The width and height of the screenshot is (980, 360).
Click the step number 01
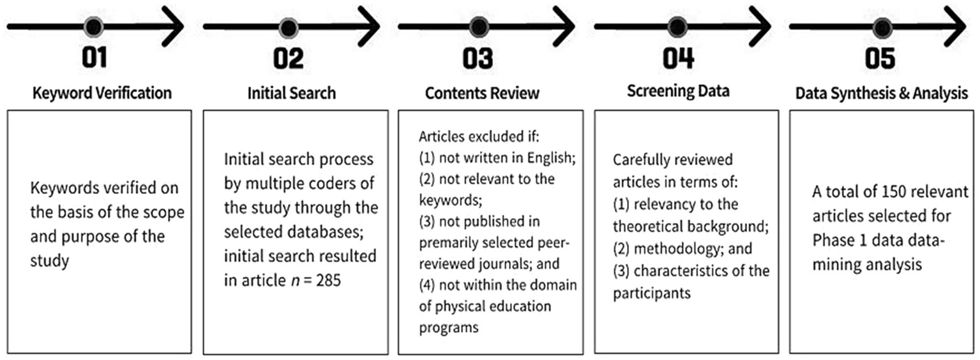(94, 59)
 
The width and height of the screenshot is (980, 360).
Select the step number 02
(289, 59)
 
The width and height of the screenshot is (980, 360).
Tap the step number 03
(478, 59)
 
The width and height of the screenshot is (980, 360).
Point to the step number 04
(678, 59)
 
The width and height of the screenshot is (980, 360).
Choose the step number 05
(881, 59)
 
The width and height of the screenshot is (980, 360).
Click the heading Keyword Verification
(102, 93)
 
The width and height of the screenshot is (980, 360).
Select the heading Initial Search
(291, 93)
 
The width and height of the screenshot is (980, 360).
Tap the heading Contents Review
(482, 93)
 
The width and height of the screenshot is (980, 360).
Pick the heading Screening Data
(678, 92)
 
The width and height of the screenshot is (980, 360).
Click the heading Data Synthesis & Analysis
(882, 93)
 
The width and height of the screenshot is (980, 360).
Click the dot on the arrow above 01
(94, 27)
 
